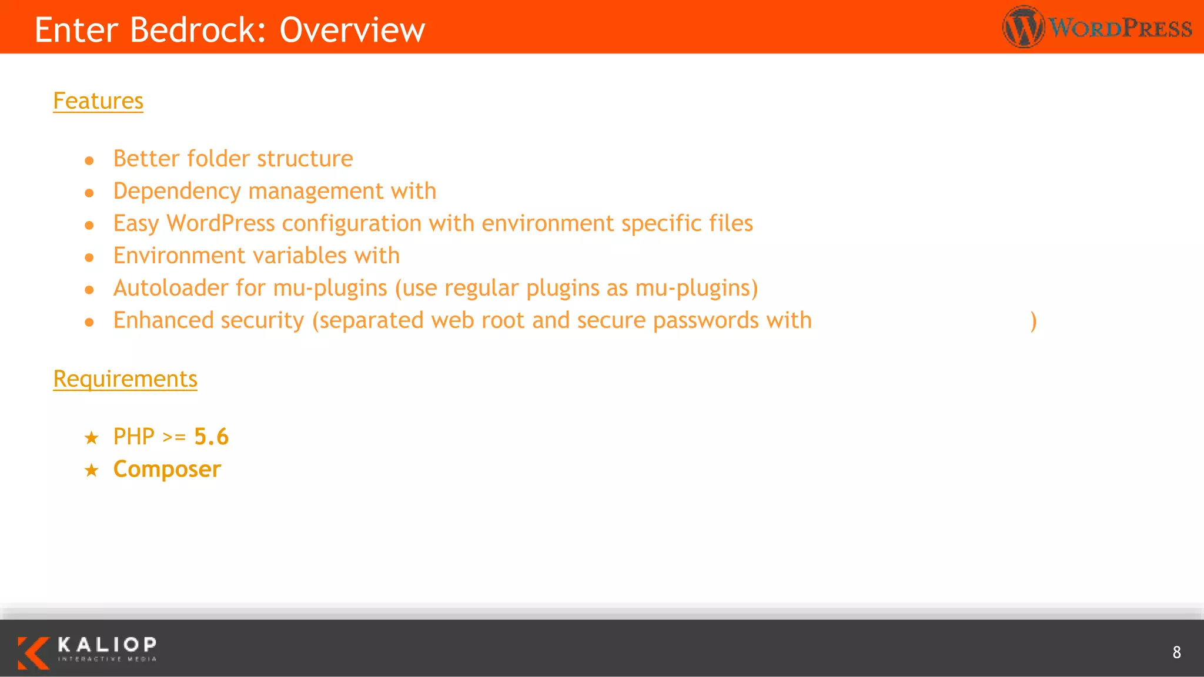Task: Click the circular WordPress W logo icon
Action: (x=1024, y=27)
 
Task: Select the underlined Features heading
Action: (x=98, y=101)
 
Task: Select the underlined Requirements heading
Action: (x=125, y=379)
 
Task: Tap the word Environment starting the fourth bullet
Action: (x=179, y=256)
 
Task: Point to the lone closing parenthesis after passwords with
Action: (x=1033, y=321)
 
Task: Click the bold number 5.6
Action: (x=211, y=437)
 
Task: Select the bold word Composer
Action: (x=167, y=469)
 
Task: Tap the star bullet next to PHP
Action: (x=91, y=438)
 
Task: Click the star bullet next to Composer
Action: (x=91, y=470)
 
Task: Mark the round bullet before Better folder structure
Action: (x=89, y=160)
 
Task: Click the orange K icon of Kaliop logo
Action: (x=33, y=652)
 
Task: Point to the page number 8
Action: (x=1176, y=652)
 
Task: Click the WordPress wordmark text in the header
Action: (x=1121, y=28)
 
